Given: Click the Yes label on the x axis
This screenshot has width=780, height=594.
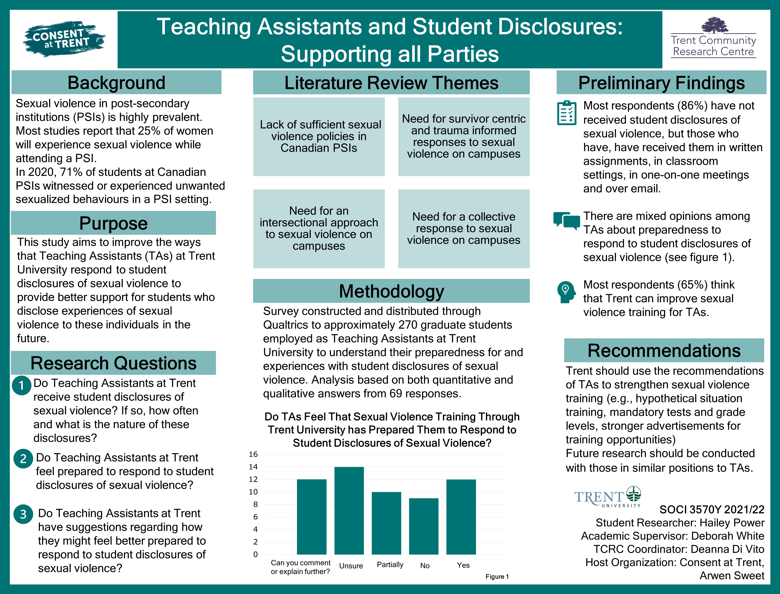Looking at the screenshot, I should coord(463,565).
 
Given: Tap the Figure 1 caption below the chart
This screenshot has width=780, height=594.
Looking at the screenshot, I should coord(497,577).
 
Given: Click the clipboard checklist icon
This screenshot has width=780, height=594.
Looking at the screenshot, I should coord(567,113).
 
